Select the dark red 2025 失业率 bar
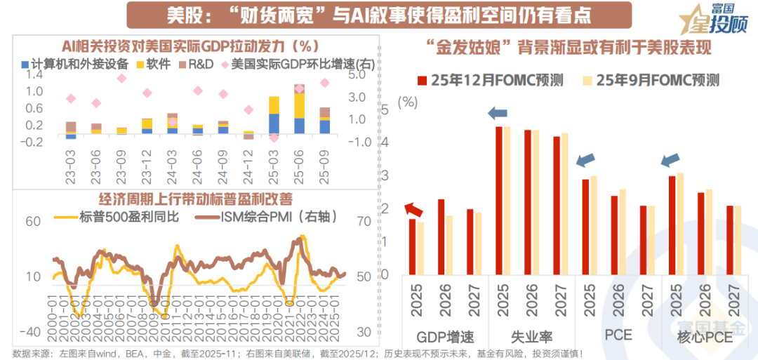[x=499, y=200]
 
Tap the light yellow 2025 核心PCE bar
[x=680, y=223]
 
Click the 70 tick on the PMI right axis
[x=363, y=222]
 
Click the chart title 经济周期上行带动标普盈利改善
[x=184, y=199]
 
